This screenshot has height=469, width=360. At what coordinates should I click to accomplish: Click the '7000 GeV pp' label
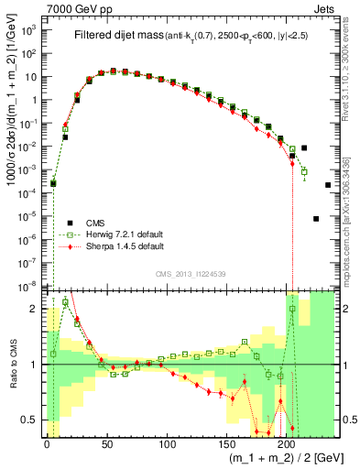click(x=72, y=7)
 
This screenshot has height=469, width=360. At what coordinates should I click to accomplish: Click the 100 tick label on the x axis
click(x=167, y=444)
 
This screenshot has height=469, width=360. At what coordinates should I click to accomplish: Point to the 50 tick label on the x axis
click(x=107, y=444)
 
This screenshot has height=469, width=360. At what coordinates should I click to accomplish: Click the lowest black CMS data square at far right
click(x=316, y=219)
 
